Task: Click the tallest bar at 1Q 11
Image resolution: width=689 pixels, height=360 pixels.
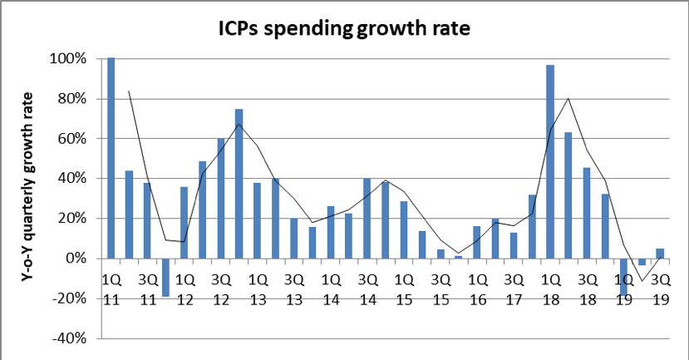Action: (x=111, y=158)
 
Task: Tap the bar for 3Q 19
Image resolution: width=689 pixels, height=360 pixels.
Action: (x=659, y=254)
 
